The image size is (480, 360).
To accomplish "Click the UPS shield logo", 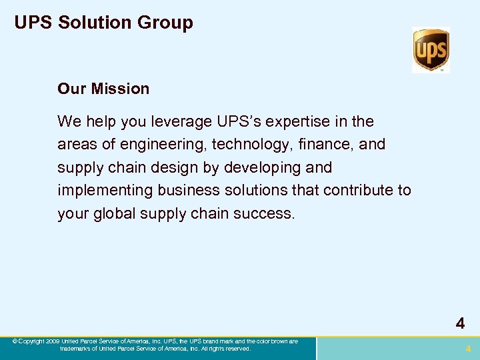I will (x=431, y=50).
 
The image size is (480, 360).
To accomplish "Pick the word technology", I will (x=245, y=145).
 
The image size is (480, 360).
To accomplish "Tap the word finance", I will (x=320, y=145).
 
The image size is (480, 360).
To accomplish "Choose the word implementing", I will (x=105, y=191).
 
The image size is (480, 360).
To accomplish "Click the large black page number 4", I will (x=460, y=324).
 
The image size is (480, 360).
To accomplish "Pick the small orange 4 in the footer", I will (x=468, y=349).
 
